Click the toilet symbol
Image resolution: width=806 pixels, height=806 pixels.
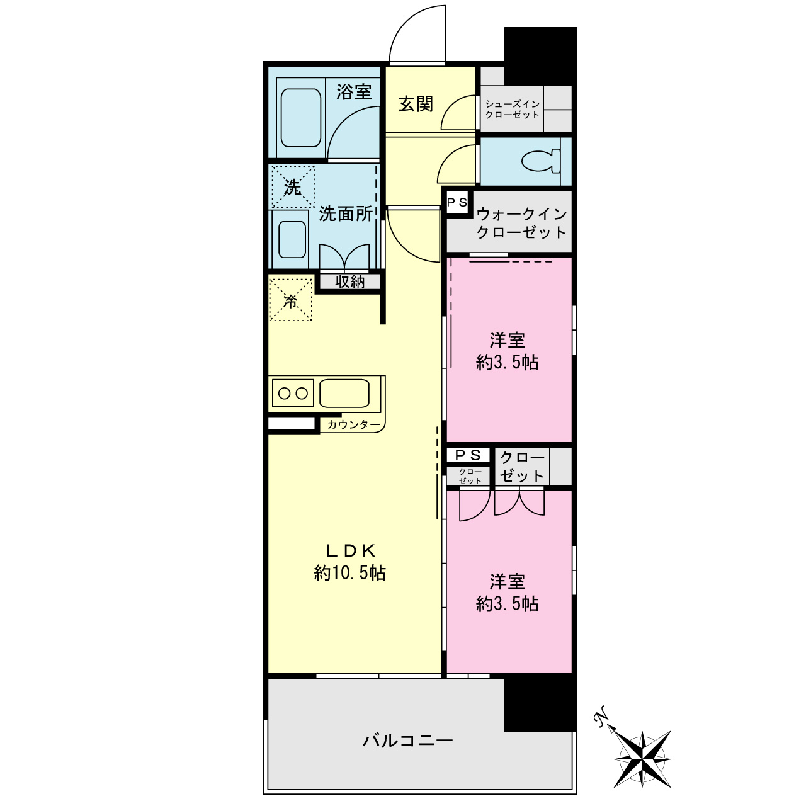pyautogui.click(x=542, y=161)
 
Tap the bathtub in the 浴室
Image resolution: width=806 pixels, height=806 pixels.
pyautogui.click(x=301, y=118)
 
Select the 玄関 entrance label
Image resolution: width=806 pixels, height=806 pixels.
pyautogui.click(x=416, y=104)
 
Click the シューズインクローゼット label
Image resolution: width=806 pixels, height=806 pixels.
pyautogui.click(x=512, y=109)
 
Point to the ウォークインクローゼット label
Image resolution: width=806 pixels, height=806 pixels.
pyautogui.click(x=521, y=223)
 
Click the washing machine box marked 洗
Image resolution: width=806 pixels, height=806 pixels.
pyautogui.click(x=292, y=187)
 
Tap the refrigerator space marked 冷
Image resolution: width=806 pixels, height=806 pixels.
pyautogui.click(x=291, y=300)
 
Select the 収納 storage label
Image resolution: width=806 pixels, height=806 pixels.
pyautogui.click(x=349, y=282)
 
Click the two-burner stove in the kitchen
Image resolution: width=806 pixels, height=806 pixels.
pyautogui.click(x=293, y=393)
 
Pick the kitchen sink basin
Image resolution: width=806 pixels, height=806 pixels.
pyautogui.click(x=344, y=393)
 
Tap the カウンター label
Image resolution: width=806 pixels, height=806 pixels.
pyautogui.click(x=353, y=425)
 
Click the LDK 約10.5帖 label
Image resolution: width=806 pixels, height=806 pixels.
pyautogui.click(x=350, y=562)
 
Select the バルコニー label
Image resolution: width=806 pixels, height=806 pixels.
pyautogui.click(x=407, y=741)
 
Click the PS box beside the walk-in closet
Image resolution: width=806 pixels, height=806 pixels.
pyautogui.click(x=457, y=203)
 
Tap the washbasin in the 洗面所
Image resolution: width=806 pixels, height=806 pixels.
pyautogui.click(x=292, y=239)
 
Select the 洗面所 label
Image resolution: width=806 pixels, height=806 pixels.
pyautogui.click(x=346, y=213)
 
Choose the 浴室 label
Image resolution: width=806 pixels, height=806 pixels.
pyautogui.click(x=354, y=91)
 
